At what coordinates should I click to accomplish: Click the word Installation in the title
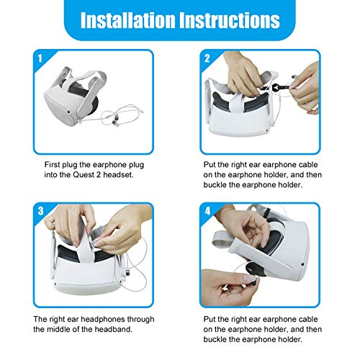tap(127, 20)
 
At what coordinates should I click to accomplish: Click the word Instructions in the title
tap(230, 20)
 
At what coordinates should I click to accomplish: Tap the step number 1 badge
tap(40, 58)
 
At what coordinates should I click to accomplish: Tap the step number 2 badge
tap(207, 58)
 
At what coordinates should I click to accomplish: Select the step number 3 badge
tap(40, 211)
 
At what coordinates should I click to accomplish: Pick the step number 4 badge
tap(207, 211)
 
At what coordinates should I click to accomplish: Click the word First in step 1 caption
tap(53, 165)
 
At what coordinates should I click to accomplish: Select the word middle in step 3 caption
tap(58, 329)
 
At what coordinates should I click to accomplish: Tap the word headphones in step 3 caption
tap(102, 319)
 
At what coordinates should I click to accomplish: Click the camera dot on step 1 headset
tap(69, 112)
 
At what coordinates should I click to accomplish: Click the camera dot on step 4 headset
tap(302, 264)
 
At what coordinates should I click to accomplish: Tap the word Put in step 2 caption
tap(208, 165)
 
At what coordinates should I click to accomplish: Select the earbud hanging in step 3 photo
tap(127, 273)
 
